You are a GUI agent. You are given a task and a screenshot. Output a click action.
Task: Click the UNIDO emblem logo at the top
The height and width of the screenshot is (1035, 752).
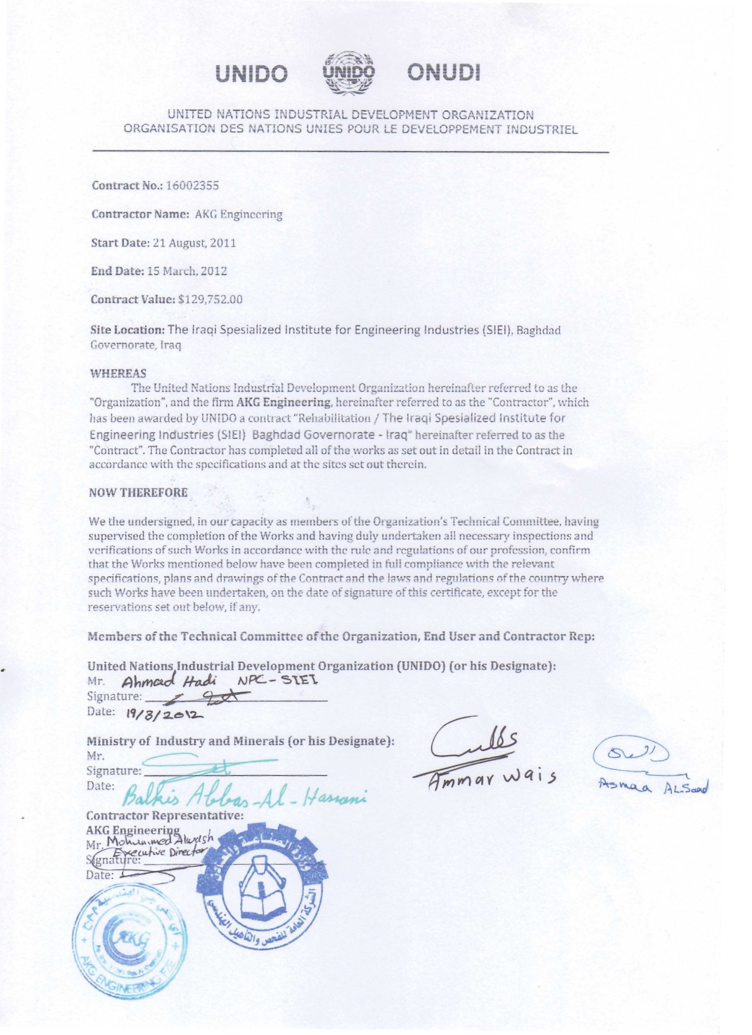[x=349, y=74]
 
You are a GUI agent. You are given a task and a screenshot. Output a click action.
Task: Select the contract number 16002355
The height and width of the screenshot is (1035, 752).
[x=192, y=186]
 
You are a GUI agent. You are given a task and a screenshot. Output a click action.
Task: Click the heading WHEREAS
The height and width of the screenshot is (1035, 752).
[x=118, y=373]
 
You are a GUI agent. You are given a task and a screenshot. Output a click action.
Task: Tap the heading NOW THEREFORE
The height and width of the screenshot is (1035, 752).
[x=139, y=493]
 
